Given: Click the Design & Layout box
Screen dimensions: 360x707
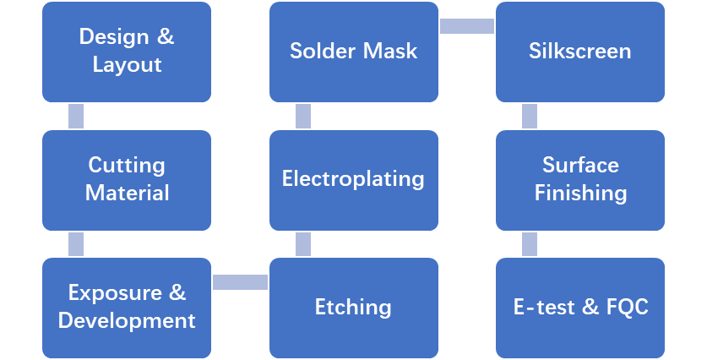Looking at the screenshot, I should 127,52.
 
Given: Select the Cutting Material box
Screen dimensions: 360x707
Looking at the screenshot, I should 127,179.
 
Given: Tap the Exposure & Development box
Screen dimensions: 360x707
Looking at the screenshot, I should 127,308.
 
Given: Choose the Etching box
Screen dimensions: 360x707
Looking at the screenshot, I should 353,308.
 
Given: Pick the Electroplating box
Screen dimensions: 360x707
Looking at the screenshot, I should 353,179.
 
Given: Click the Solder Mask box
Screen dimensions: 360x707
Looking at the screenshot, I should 353,52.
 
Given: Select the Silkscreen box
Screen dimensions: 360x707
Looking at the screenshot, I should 579,52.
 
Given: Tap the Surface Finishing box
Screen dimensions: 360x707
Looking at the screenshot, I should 579,179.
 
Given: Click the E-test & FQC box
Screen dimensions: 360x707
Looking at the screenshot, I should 579,308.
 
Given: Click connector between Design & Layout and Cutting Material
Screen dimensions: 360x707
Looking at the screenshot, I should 76,116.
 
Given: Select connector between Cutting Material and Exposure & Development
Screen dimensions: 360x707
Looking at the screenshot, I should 76,244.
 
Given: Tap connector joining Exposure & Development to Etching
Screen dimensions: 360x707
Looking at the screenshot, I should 240,281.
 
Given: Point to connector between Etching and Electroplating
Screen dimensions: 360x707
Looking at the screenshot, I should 302,244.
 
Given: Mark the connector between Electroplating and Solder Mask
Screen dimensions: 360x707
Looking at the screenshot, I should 302,116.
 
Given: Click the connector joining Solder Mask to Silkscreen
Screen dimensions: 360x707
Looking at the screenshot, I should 466,26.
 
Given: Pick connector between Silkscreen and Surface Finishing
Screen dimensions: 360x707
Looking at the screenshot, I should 530,116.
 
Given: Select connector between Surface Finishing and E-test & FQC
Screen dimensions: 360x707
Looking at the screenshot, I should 530,244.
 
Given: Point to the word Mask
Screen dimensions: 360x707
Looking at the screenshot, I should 390,52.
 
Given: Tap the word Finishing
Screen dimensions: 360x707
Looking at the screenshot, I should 580,194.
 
